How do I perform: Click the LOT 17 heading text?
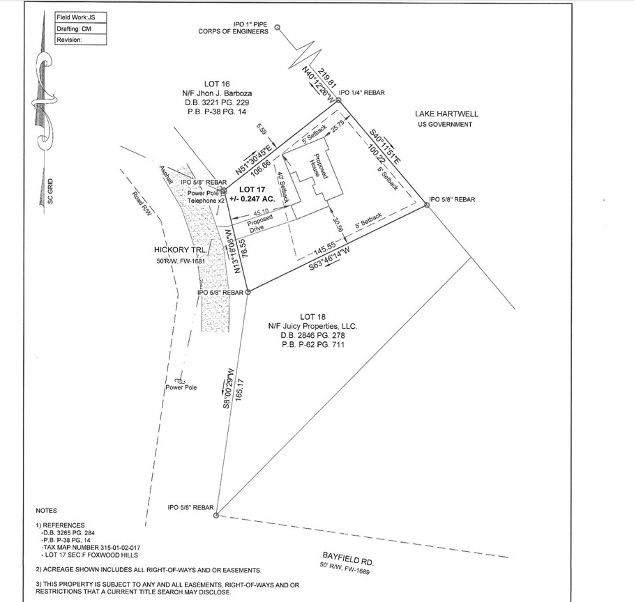[x=255, y=190]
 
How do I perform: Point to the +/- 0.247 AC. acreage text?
[x=255, y=199]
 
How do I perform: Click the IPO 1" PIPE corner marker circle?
[x=278, y=28]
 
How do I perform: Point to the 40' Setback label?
[x=282, y=186]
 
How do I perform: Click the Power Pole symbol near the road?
[x=180, y=380]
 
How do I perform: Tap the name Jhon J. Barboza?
[x=223, y=93]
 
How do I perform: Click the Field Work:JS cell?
[x=76, y=16]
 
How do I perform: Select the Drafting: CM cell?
[x=73, y=28]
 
